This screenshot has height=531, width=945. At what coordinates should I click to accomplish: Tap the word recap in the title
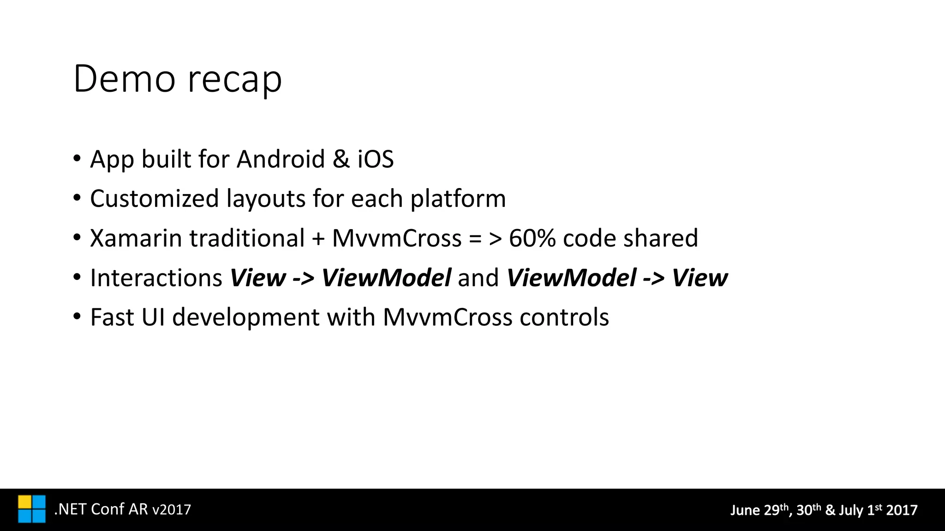point(234,81)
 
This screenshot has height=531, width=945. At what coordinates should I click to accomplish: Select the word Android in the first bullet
point(281,159)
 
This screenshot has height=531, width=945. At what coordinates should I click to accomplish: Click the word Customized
point(155,199)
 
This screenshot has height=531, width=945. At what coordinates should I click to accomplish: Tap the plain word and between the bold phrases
point(478,278)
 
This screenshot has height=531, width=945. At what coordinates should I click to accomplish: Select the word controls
point(564,318)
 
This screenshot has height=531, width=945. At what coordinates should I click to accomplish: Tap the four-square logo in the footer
point(32,509)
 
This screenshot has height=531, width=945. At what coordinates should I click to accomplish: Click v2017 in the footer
point(171,510)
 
